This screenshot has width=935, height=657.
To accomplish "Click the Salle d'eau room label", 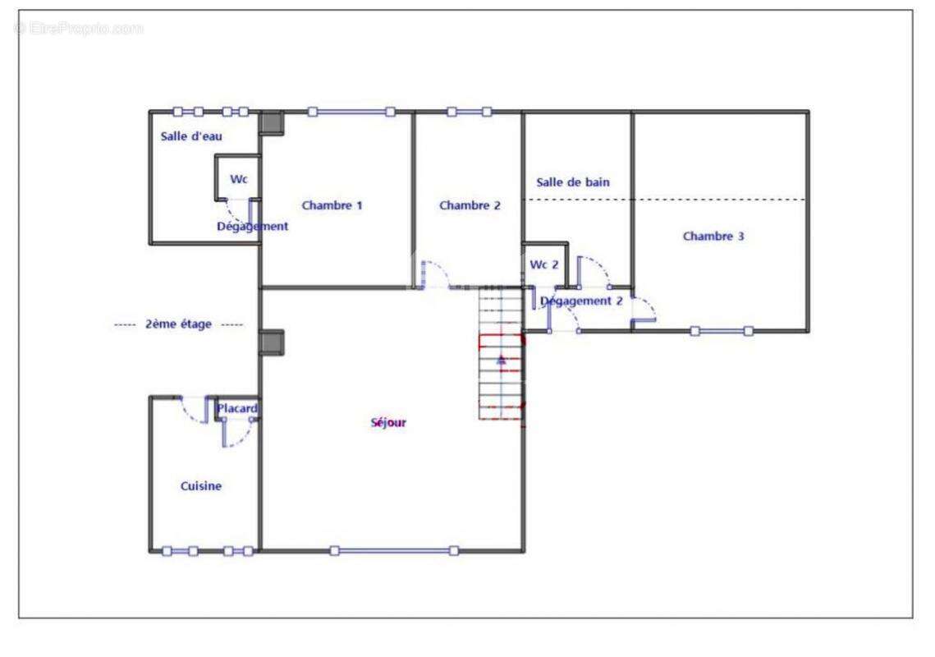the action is pos(191,136).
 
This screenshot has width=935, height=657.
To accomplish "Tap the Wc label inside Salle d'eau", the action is pos(239,179).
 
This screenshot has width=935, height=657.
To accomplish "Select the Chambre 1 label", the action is pos(332,205).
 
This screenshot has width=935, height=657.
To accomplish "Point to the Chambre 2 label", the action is pos(470,205).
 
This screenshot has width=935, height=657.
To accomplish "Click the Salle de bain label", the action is pos(573,182).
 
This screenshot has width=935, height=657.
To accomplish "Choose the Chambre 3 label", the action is pos(713,236).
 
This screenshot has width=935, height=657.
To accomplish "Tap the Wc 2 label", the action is pos(544,264).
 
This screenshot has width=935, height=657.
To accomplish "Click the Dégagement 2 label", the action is pos(581,301).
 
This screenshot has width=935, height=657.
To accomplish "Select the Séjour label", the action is pos(388,422).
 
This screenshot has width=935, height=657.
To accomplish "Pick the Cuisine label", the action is pos(201,485).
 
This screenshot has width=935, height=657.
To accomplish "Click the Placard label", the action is pos(237,409).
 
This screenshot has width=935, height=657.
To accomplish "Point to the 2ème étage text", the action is pos(178,324).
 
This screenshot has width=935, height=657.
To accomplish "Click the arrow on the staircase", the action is pos(502,359).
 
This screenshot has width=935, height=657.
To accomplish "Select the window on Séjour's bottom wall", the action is pos(394,551).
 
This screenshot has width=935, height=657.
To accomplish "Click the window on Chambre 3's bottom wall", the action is pos(722,331).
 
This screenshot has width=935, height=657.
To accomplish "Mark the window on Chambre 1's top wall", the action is pos(351,112).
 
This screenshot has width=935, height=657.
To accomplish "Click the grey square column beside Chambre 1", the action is pos(272,123).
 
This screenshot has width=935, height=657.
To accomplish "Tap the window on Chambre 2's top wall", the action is pos(470,112).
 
